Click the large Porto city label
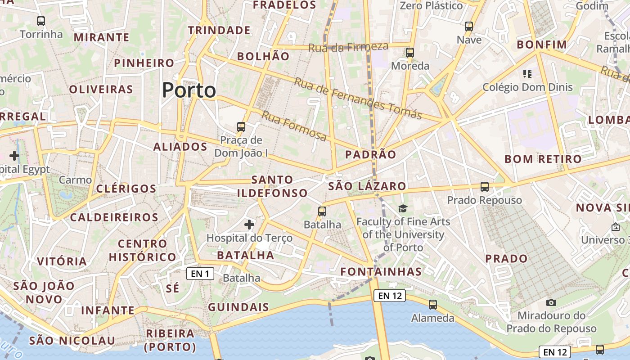[189, 90]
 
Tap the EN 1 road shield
[200, 274]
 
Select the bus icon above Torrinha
[41, 21]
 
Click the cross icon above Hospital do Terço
[249, 224]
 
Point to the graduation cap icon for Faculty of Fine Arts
[403, 208]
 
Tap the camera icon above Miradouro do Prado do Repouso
[551, 302]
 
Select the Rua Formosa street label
[294, 126]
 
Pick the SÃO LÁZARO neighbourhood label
[367, 186]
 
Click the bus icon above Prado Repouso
[485, 186]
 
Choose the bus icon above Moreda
[409, 52]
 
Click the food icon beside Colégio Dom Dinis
[527, 73]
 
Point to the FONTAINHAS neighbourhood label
[381, 271]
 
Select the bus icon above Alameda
[433, 305]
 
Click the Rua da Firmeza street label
[348, 47]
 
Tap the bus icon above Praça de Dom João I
[241, 127]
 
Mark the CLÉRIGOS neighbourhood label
[126, 189]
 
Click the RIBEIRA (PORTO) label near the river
[170, 340]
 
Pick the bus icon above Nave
[469, 27]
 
